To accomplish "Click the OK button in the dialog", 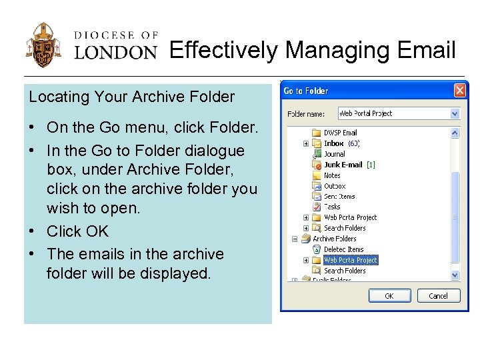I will (389, 296).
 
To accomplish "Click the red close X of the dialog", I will (459, 91).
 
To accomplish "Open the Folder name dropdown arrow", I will (455, 114).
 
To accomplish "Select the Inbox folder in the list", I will (333, 143).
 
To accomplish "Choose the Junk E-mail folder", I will (343, 165).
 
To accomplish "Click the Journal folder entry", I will (335, 154).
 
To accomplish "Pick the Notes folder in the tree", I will (332, 175).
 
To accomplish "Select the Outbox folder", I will (335, 186).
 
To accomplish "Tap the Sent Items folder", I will (339, 197).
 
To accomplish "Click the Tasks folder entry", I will (332, 207).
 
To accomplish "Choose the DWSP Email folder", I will (340, 133).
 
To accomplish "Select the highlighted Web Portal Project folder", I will (350, 260).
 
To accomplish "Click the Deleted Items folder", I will (344, 249).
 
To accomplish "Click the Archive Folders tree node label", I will (335, 239).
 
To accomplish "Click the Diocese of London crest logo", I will (44, 46).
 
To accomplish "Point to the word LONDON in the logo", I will (115, 52).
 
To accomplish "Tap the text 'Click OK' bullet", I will (77, 231).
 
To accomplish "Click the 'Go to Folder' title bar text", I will (306, 91).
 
